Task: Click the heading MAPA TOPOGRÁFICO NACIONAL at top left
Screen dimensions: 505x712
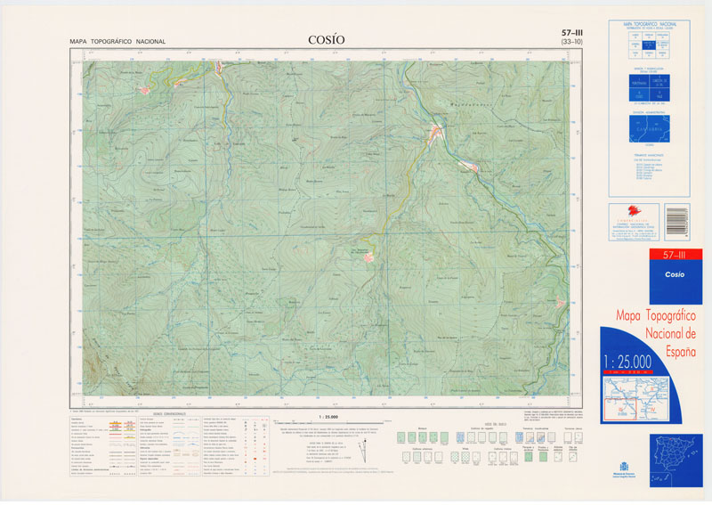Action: coord(117,42)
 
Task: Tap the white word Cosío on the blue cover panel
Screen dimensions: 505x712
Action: coord(674,274)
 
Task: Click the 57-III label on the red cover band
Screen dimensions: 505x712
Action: coord(674,256)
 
